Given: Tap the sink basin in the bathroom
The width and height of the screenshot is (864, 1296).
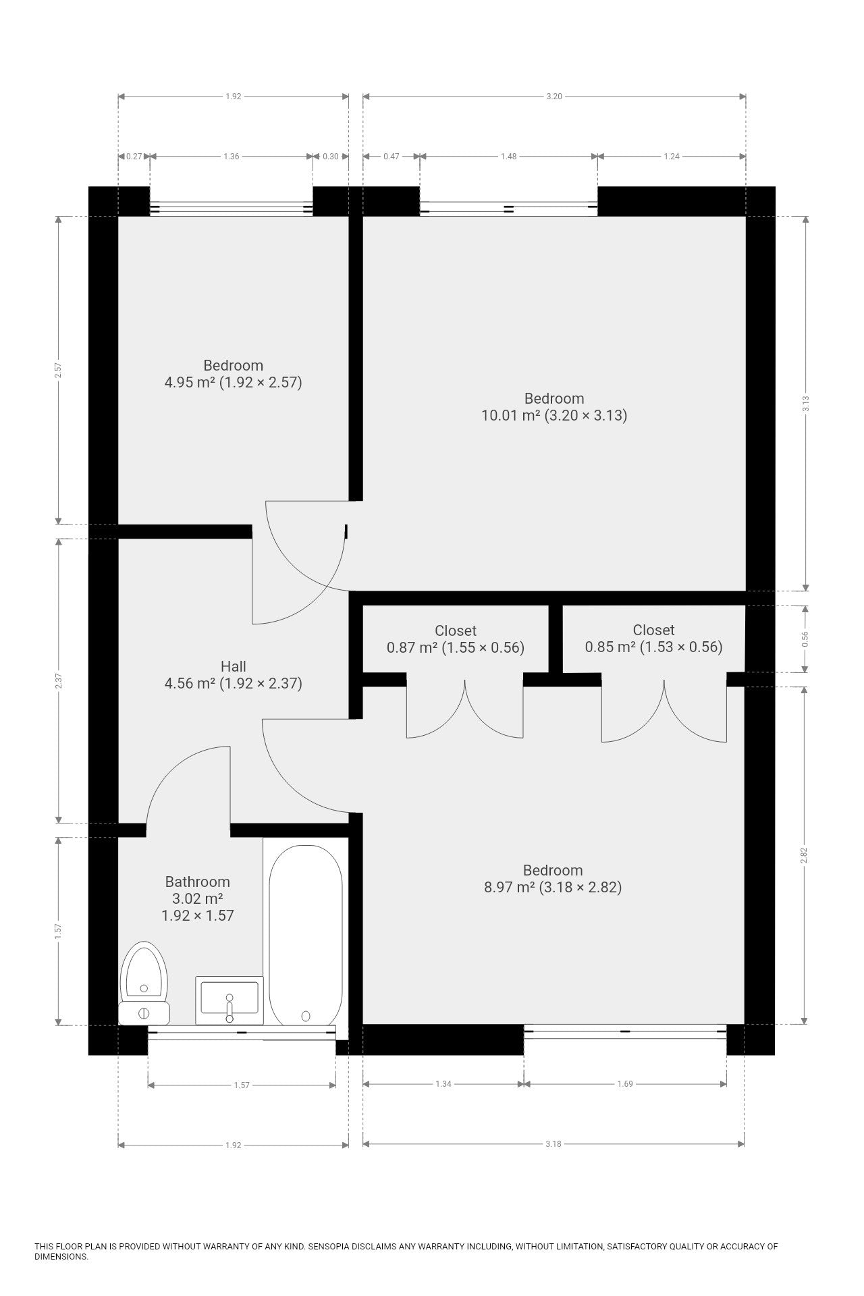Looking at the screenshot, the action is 230,1000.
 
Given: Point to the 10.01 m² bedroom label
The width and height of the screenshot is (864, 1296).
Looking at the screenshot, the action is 554,407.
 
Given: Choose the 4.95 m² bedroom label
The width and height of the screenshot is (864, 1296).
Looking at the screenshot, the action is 234,374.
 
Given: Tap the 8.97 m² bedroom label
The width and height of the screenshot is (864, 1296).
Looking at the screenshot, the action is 553,879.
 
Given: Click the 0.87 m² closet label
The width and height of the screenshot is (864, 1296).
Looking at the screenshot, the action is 456,639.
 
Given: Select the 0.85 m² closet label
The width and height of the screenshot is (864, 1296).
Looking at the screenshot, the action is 653,639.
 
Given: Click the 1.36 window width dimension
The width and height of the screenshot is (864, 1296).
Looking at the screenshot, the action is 232,157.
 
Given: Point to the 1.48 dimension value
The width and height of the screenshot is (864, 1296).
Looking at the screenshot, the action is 508,157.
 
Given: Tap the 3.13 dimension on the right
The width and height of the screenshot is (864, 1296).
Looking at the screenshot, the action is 805,403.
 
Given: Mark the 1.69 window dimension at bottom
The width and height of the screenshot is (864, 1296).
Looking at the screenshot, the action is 625,1084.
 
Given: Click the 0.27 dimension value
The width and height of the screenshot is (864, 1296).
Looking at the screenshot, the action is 134,157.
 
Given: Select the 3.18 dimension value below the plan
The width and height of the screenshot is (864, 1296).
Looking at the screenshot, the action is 553,1144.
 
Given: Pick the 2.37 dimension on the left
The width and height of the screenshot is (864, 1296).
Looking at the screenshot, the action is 59,680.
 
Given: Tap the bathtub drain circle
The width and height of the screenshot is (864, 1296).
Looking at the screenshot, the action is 306,1016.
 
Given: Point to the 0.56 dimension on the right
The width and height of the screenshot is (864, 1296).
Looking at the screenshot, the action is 805,639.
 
